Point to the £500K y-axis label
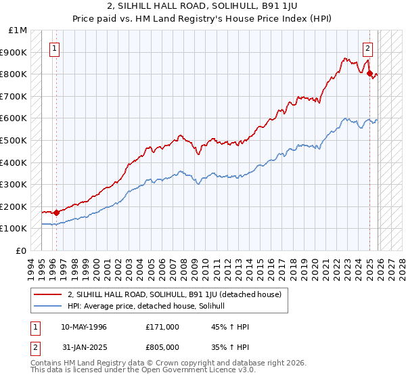[x=14, y=140]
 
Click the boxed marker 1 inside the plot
[x=54, y=48]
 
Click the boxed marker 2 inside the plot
[x=367, y=48]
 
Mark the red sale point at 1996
[x=56, y=213]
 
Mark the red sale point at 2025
[x=370, y=73]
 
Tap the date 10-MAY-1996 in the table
[x=83, y=327]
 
